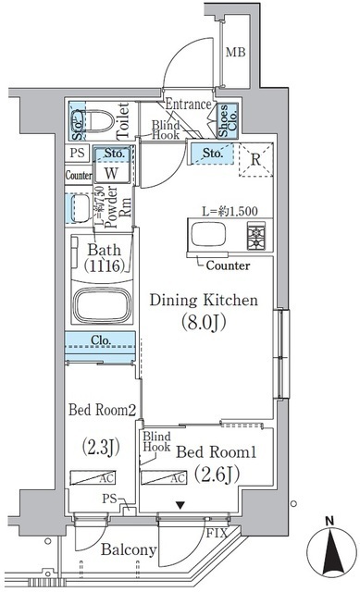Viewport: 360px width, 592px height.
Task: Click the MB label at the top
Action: click(x=236, y=51)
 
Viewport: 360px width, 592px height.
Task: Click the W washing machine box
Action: click(x=110, y=172)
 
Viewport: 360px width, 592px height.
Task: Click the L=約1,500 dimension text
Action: click(x=230, y=210)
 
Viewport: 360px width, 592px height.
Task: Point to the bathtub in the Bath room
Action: click(x=102, y=304)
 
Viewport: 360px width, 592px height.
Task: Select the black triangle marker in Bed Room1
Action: click(x=180, y=505)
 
